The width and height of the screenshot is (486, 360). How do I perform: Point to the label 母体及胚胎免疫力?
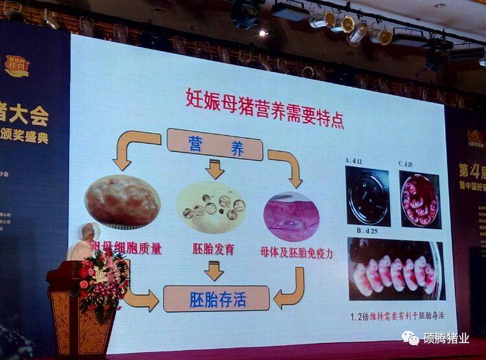coord(296,252)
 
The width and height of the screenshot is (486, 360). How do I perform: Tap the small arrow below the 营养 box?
coord(214,170)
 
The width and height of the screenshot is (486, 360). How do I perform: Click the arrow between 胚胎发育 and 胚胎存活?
coord(214,271)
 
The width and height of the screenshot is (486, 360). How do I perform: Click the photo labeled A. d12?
coord(367,196)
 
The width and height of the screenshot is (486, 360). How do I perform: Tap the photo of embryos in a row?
coord(395,270)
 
